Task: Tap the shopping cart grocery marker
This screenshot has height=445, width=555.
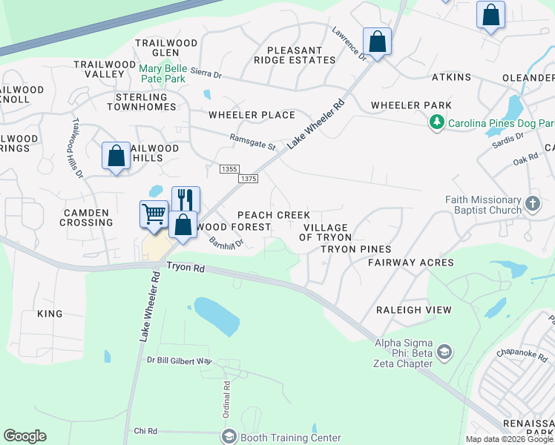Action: click(x=154, y=214)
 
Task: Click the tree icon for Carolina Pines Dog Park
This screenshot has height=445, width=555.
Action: click(x=438, y=122)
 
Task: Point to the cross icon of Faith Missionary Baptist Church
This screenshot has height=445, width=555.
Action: click(x=532, y=203)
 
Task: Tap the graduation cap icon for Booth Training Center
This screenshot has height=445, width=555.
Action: click(x=228, y=437)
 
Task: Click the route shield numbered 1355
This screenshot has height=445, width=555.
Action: click(x=229, y=170)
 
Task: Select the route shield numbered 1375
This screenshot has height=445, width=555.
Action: click(x=249, y=179)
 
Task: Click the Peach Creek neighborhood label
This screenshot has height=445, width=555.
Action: click(x=274, y=214)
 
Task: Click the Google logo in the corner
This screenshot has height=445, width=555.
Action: click(x=24, y=436)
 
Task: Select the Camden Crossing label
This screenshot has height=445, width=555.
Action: click(x=85, y=217)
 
